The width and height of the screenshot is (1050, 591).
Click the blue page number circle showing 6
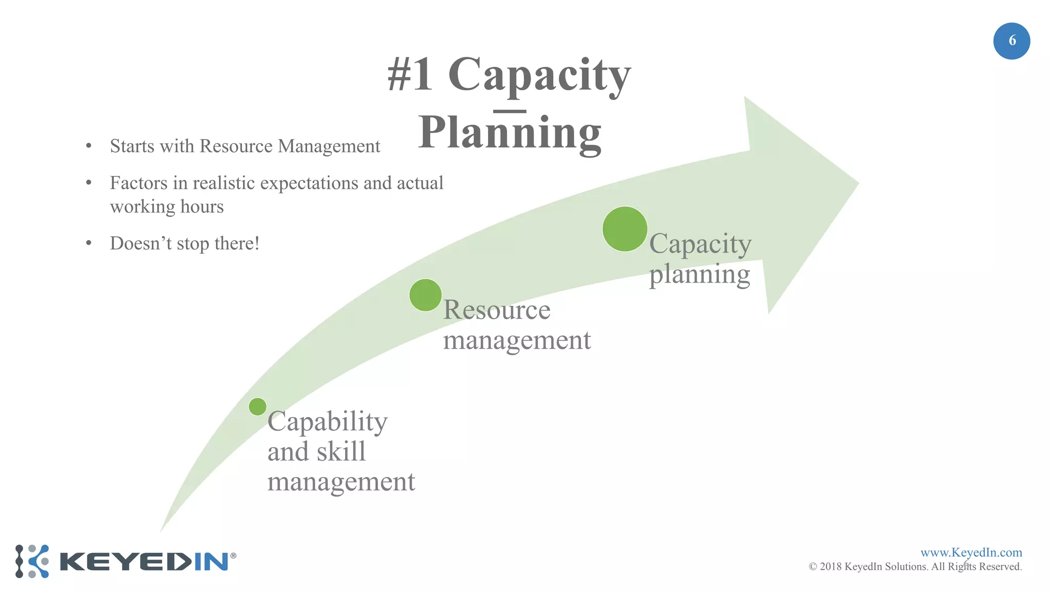(x=1012, y=41)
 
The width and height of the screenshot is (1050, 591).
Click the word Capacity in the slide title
(x=539, y=75)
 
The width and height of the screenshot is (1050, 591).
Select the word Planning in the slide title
(x=510, y=132)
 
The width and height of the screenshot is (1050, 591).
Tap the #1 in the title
(x=410, y=75)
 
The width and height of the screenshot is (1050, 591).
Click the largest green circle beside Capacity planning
(x=624, y=229)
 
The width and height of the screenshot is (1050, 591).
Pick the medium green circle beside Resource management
(x=426, y=295)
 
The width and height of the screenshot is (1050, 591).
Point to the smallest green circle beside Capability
(x=257, y=407)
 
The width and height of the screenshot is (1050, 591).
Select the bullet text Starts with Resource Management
(x=245, y=146)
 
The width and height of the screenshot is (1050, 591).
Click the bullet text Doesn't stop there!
(x=185, y=243)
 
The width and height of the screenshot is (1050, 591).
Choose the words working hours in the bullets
(x=167, y=207)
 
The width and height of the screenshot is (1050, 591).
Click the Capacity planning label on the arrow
(x=700, y=259)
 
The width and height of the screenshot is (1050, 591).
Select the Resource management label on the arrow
(x=517, y=325)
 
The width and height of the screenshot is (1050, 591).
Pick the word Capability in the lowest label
(x=327, y=422)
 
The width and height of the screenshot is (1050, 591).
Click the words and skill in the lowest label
(x=316, y=452)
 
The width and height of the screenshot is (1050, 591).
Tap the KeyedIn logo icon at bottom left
(x=32, y=561)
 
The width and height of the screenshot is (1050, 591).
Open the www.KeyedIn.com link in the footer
(x=971, y=553)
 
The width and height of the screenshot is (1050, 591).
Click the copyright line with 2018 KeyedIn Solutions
(x=915, y=567)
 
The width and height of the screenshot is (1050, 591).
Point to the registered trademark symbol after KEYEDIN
(x=233, y=556)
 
